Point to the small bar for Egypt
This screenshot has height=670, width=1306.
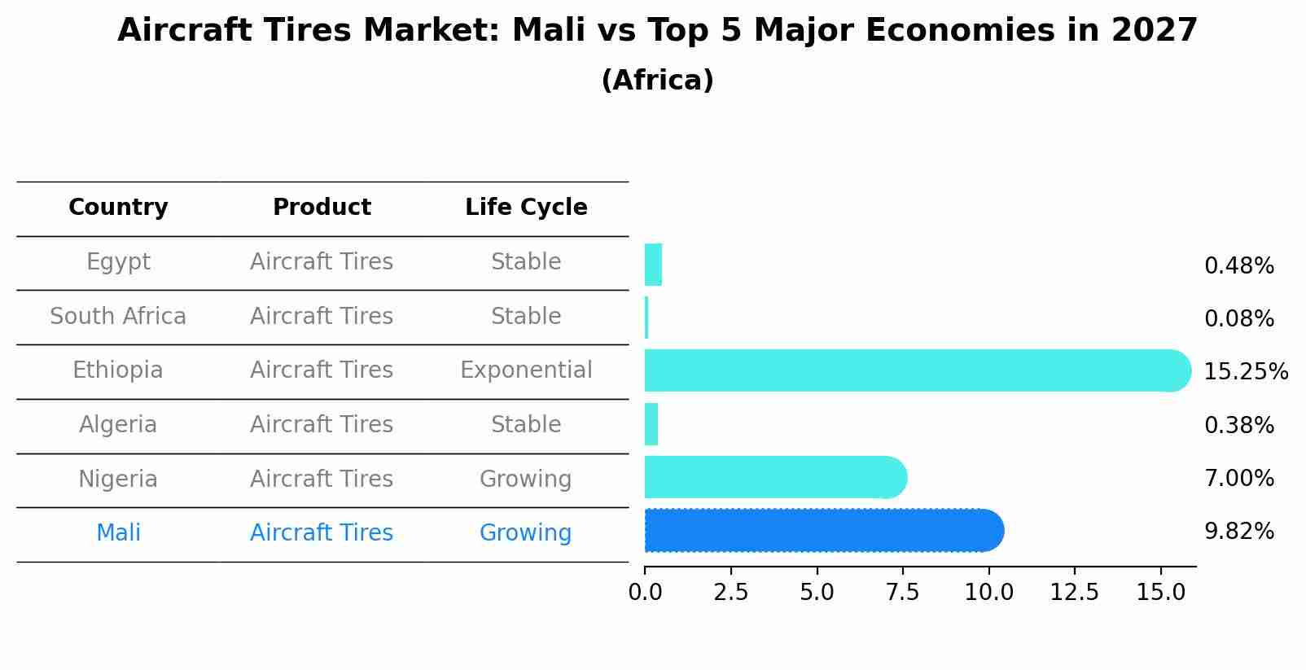click(653, 265)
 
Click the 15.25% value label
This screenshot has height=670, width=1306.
click(1245, 372)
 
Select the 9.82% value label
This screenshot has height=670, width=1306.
click(1238, 532)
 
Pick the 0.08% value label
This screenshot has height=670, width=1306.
click(1238, 319)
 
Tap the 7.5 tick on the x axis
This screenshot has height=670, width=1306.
click(902, 593)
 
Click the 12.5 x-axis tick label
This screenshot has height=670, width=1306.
click(1074, 593)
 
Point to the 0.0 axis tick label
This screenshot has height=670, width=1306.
click(645, 593)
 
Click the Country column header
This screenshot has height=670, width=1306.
click(118, 208)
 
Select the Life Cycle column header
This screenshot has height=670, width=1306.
click(526, 208)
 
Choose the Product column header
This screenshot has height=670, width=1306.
click(322, 208)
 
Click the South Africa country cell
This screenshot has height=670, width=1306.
click(118, 316)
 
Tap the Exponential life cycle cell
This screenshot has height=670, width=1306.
click(526, 370)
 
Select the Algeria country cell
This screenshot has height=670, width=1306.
click(118, 425)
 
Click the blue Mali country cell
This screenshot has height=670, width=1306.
click(118, 533)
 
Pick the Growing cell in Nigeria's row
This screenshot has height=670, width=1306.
click(525, 479)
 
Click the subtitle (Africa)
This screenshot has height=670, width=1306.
click(657, 81)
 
